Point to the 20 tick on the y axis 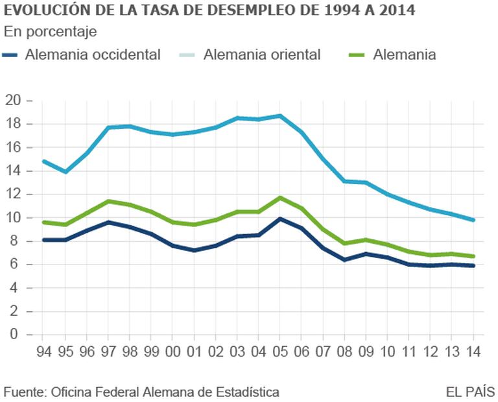click(13, 100)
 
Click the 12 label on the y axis click(13, 195)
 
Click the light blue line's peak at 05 click(279, 116)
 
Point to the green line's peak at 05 click(279, 198)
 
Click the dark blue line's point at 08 click(344, 260)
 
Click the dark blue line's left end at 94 click(43, 240)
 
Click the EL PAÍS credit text click(470, 392)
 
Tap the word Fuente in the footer click(22, 392)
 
